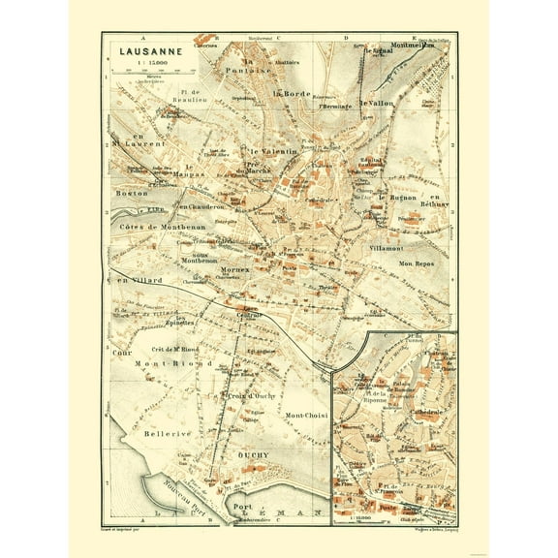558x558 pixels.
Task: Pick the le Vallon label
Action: point(377,103)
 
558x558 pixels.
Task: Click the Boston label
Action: point(131,194)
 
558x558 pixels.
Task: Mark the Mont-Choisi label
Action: point(307,417)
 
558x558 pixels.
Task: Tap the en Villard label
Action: point(137,281)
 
